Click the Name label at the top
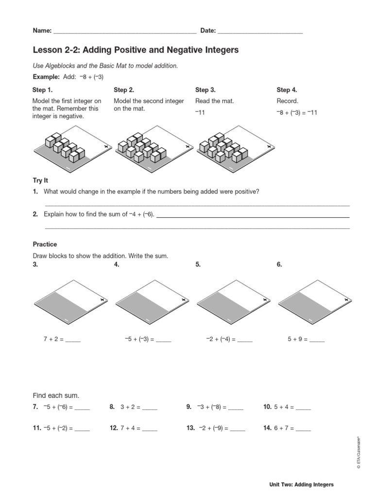[42, 31]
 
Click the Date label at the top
[208, 31]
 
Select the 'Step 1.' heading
[42, 90]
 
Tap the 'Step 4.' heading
[287, 90]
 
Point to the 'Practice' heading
[45, 245]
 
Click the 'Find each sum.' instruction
[55, 395]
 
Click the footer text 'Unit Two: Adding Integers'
[302, 485]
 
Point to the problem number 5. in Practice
[198, 265]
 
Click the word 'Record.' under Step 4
[288, 101]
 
